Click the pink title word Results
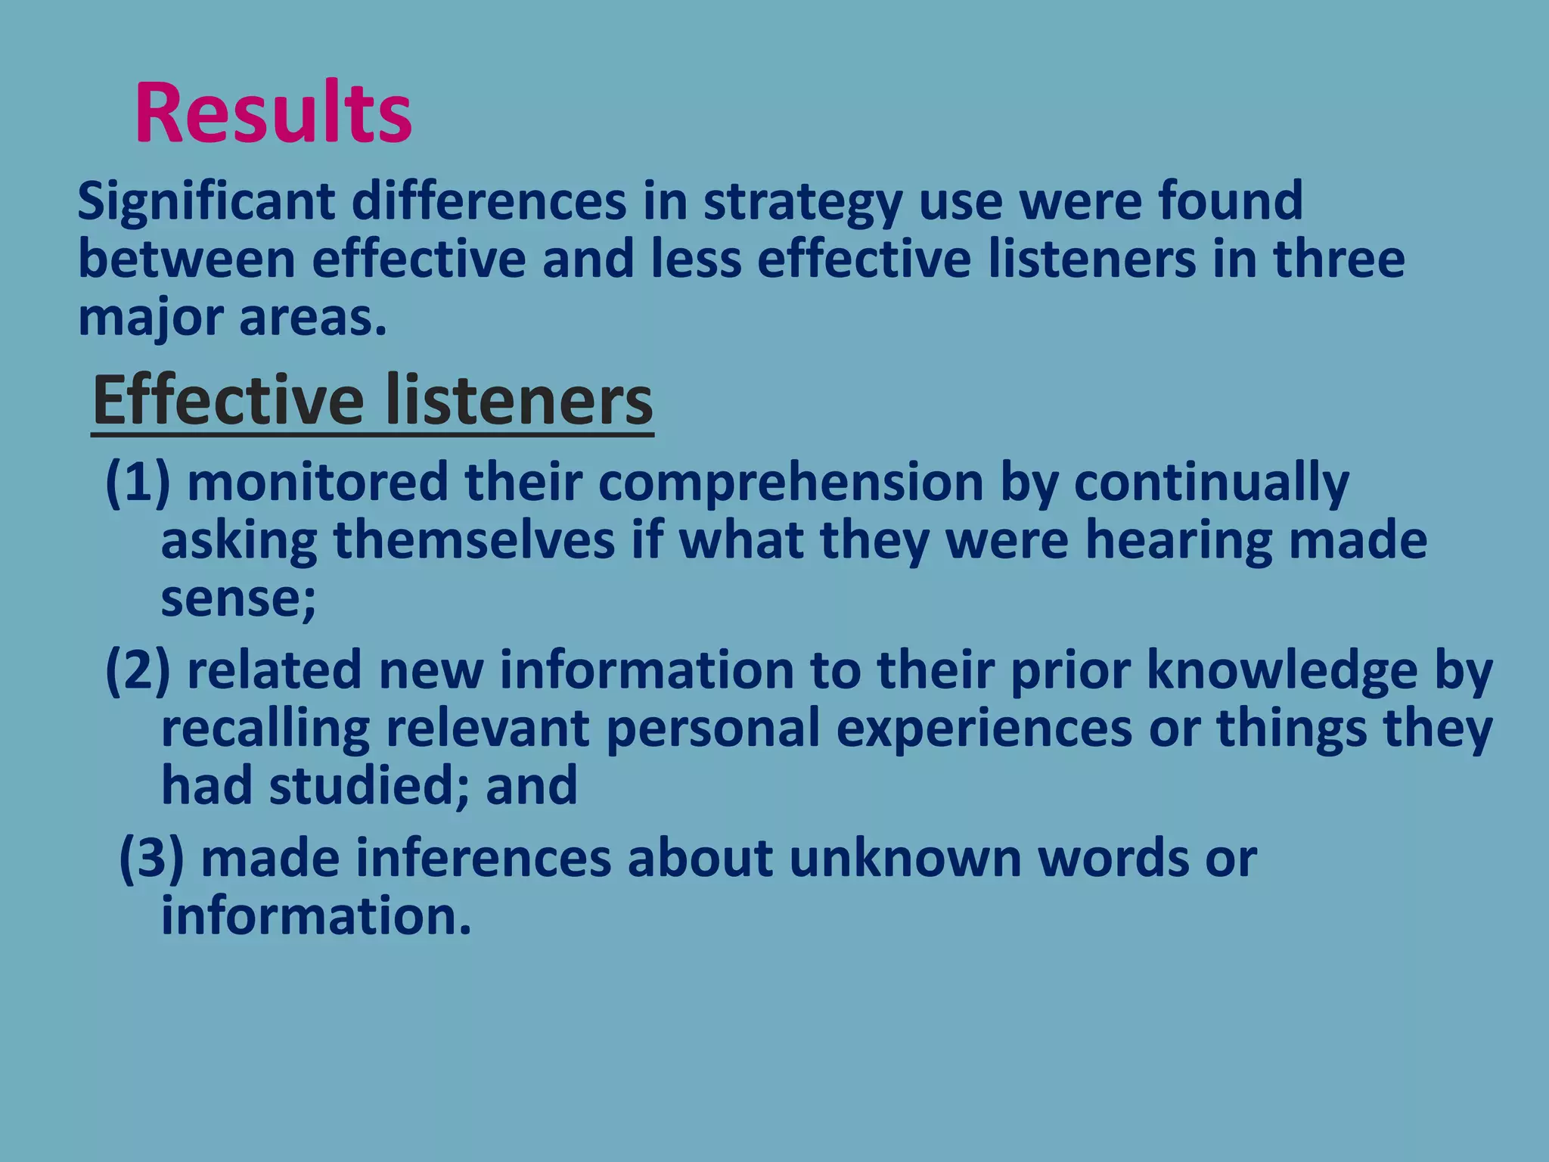(273, 113)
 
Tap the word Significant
(206, 202)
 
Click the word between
(186, 259)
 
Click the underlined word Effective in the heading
(227, 401)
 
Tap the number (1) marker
(137, 483)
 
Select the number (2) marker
(137, 671)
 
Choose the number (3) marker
(151, 859)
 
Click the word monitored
(318, 483)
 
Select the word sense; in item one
(238, 599)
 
